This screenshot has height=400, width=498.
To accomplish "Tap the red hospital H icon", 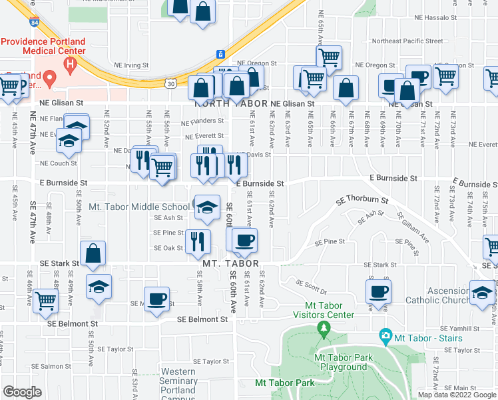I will pyautogui.click(x=70, y=65).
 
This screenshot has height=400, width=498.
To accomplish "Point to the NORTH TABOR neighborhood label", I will pyautogui.click(x=229, y=104).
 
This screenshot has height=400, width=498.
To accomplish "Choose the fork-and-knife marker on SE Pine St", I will pyautogui.click(x=197, y=241).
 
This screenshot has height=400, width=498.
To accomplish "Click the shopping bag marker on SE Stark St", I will pyautogui.click(x=93, y=253).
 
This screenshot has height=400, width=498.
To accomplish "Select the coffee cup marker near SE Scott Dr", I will pyautogui.click(x=379, y=291).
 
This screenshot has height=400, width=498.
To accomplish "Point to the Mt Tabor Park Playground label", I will pyautogui.click(x=344, y=362).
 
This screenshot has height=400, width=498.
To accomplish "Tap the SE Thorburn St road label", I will pyautogui.click(x=362, y=199).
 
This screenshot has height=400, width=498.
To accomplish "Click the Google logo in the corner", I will pyautogui.click(x=22, y=392).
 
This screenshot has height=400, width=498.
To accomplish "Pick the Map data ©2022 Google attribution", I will pyautogui.click(x=456, y=395).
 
